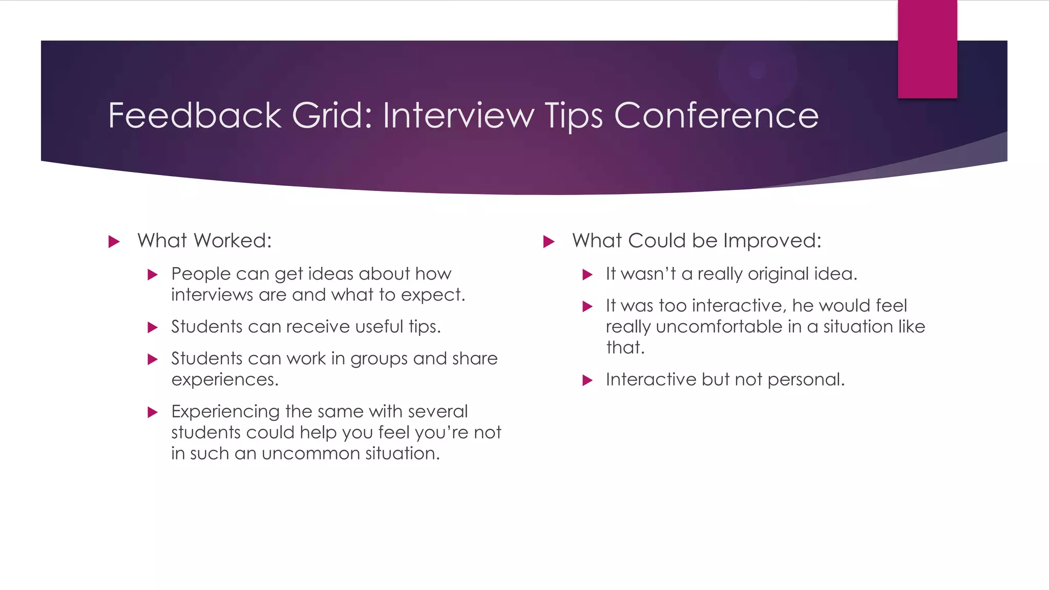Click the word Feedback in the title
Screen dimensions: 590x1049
click(195, 115)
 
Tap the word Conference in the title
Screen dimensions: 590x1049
click(716, 115)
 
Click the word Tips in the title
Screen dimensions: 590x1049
click(574, 116)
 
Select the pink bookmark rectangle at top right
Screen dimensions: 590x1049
click(927, 49)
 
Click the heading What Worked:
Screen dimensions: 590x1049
click(204, 241)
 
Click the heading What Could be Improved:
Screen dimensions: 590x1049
click(697, 241)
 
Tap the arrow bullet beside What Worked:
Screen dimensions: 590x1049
click(114, 242)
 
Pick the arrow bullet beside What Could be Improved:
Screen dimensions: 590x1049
click(549, 242)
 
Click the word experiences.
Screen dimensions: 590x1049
click(224, 380)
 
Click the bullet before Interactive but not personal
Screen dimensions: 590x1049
click(588, 381)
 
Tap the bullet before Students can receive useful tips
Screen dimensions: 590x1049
click(153, 328)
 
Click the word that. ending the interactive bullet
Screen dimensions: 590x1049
click(624, 348)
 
